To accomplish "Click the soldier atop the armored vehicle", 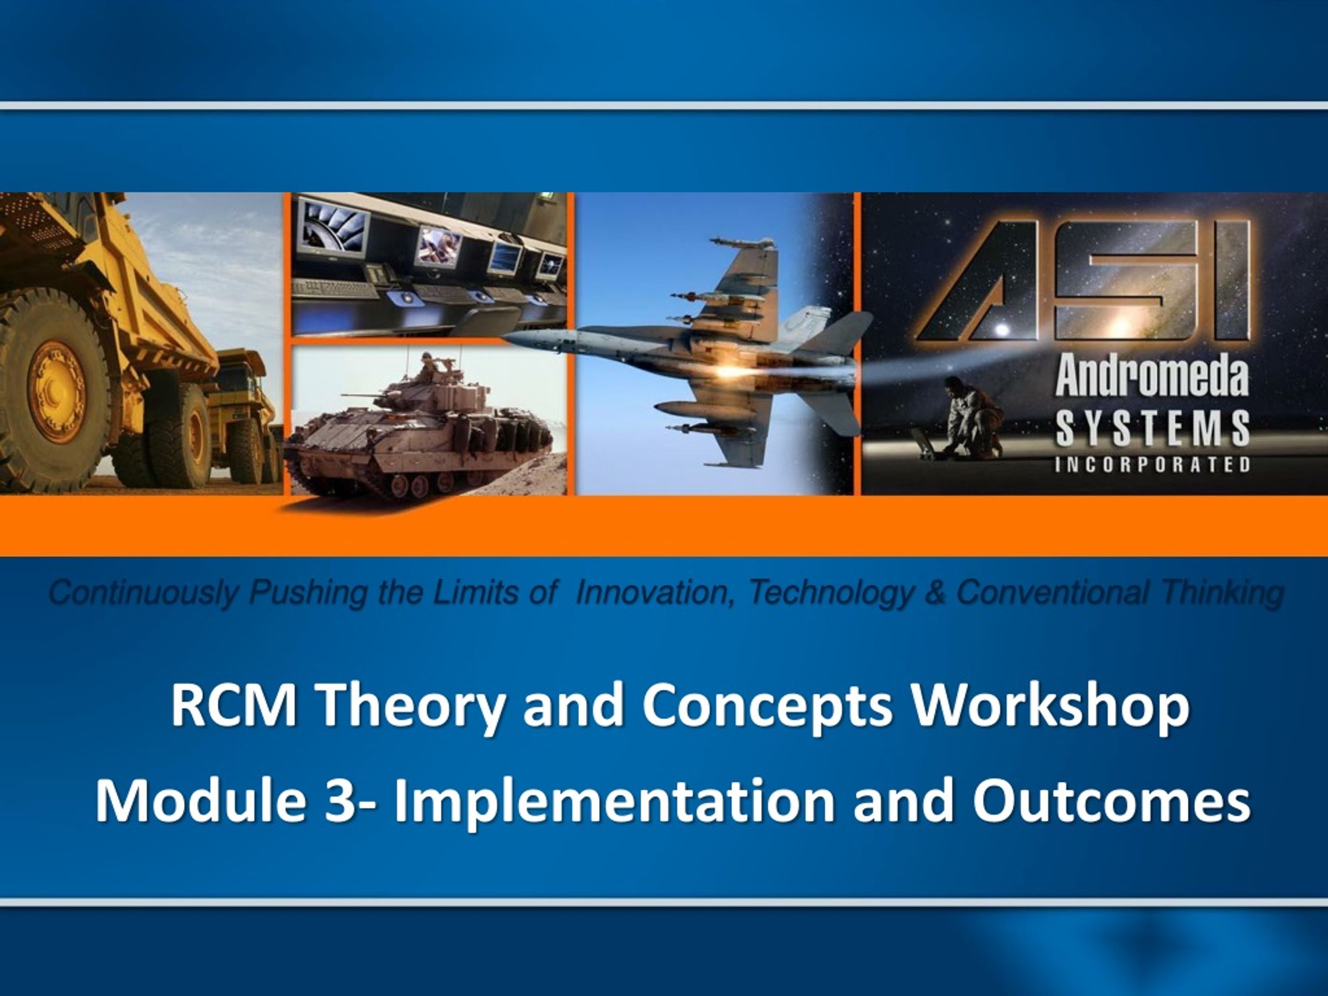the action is tap(427, 367).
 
